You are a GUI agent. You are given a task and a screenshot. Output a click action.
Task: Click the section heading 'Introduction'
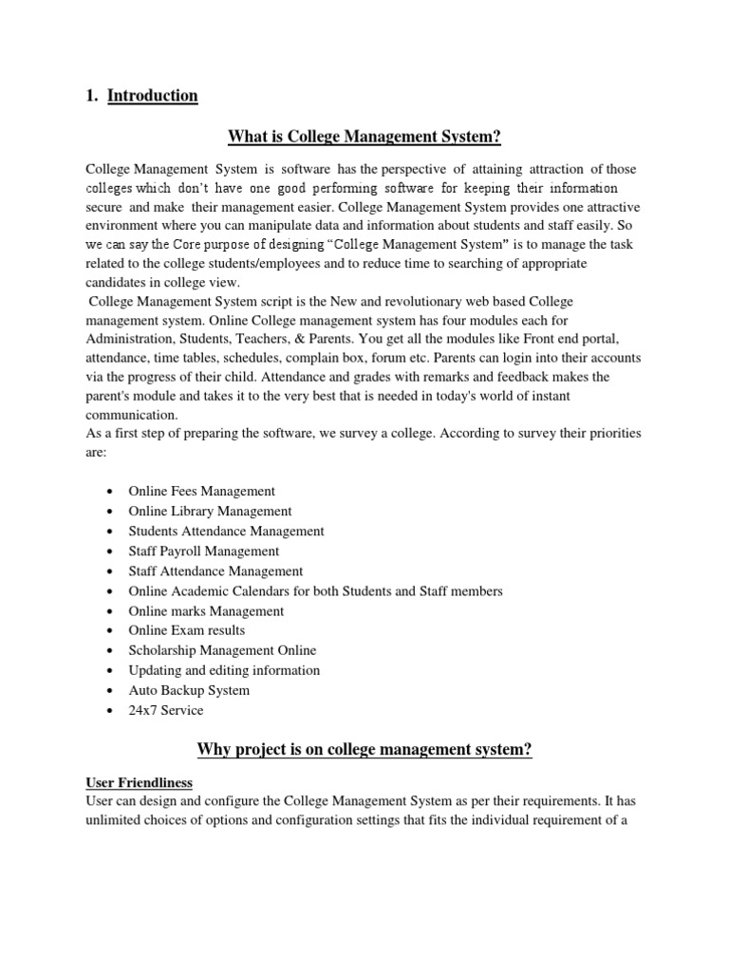pyautogui.click(x=152, y=96)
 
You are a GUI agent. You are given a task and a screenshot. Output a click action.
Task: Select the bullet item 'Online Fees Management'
pyautogui.click(x=201, y=492)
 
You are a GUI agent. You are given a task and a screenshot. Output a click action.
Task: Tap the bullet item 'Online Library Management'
pyautogui.click(x=210, y=512)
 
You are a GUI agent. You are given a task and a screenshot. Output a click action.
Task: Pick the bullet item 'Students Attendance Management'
pyautogui.click(x=226, y=532)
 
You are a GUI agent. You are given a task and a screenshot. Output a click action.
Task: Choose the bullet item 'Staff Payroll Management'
pyautogui.click(x=203, y=551)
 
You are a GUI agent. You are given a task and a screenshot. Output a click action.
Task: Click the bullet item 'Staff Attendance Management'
pyautogui.click(x=215, y=571)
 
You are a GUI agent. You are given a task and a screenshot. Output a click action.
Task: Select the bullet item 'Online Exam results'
pyautogui.click(x=186, y=630)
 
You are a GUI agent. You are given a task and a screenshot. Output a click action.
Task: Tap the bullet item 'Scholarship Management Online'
pyautogui.click(x=222, y=650)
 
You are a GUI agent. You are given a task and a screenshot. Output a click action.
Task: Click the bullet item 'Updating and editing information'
pyautogui.click(x=224, y=670)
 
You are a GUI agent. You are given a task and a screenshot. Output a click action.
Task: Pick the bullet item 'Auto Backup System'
pyautogui.click(x=189, y=690)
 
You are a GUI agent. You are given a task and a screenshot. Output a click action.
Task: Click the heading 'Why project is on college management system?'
pyautogui.click(x=364, y=751)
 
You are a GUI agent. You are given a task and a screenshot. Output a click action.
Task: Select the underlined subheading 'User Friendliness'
pyautogui.click(x=139, y=783)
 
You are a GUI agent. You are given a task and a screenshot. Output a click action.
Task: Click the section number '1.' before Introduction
pyautogui.click(x=92, y=96)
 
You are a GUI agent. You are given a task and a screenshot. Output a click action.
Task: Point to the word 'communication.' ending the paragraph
pyautogui.click(x=131, y=415)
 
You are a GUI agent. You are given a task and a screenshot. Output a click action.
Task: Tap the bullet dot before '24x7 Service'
pyautogui.click(x=112, y=711)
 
